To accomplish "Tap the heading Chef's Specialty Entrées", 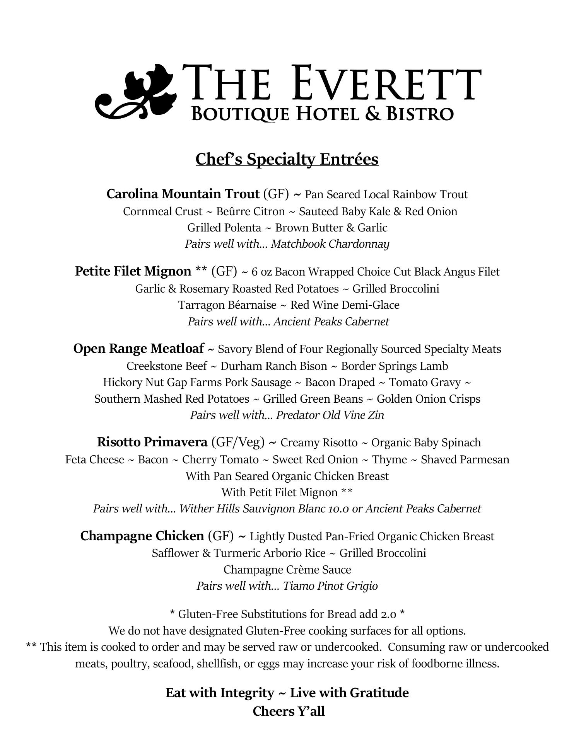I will (287, 159).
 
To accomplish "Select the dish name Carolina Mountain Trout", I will (183, 194).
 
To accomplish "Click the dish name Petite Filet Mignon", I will (133, 272).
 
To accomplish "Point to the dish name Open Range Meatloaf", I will (138, 349).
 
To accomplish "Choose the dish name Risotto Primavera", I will (152, 442).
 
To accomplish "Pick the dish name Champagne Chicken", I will (142, 536).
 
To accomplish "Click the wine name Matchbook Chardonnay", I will (330, 244).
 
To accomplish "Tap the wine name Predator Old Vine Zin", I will (330, 415).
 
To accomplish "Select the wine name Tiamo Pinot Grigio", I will (330, 586).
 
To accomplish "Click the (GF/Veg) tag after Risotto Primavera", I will (238, 442).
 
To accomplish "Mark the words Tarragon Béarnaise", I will (227, 305).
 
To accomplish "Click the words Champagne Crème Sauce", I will (287, 570).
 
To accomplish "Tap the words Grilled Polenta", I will (224, 228).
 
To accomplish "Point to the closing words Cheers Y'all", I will (289, 711).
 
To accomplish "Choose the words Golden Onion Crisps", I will (428, 399).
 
